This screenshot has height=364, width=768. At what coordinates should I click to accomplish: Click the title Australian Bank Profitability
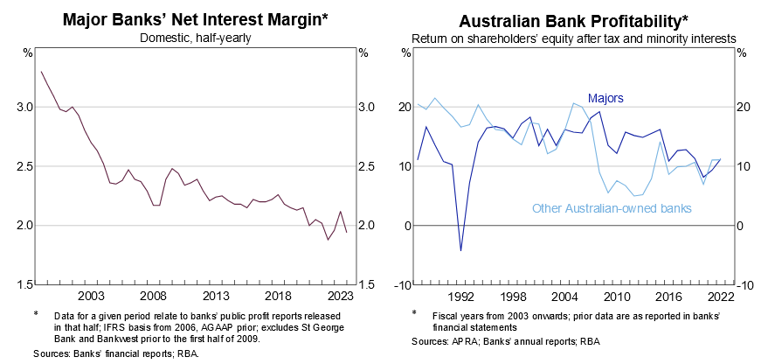tap(573, 17)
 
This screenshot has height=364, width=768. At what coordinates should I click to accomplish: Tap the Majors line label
tap(605, 98)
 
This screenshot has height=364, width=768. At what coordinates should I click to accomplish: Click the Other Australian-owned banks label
tap(612, 208)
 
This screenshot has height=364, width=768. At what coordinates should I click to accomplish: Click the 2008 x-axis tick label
tap(154, 296)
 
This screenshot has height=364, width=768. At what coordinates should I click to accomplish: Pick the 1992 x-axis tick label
tap(460, 296)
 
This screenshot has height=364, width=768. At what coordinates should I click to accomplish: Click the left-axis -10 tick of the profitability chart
tap(403, 284)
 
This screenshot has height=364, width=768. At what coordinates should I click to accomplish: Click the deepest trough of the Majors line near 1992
tap(460, 250)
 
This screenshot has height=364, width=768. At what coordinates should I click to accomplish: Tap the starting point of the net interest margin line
tap(41, 72)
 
